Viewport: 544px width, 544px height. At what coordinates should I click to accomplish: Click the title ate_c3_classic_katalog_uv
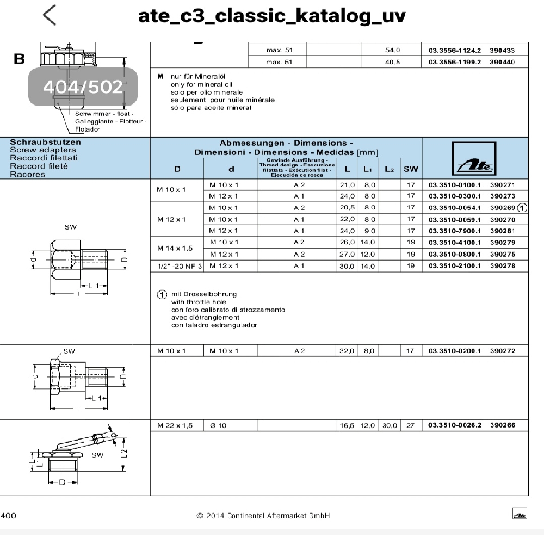pos(272,16)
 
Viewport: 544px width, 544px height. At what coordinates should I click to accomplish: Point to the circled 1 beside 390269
pos(523,208)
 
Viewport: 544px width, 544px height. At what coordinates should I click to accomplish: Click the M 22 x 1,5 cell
pos(175,425)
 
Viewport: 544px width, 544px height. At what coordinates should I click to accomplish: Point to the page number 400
pos(9,515)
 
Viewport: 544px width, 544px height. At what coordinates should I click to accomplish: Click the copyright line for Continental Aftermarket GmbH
pos(263,515)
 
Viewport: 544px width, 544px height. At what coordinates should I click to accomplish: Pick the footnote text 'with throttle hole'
pos(199,301)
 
